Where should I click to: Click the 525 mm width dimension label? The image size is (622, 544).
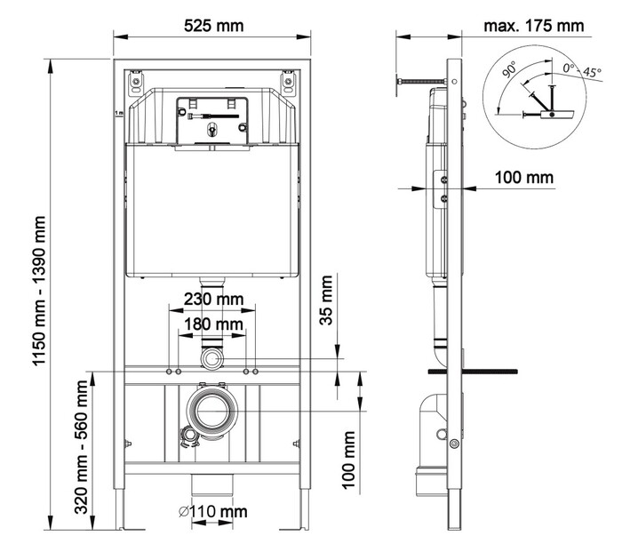click(213, 26)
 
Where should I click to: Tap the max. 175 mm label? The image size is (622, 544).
click(533, 26)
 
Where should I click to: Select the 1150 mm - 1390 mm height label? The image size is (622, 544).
click(40, 291)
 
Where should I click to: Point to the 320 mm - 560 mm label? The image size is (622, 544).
click(82, 447)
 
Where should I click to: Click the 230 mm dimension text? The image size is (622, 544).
click(213, 300)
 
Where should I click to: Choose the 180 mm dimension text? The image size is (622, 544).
click(213, 324)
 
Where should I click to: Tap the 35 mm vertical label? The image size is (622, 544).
click(326, 300)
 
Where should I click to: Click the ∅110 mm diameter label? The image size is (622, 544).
click(212, 511)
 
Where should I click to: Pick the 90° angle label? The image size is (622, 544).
click(509, 69)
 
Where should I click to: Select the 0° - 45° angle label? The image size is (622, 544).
click(582, 70)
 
